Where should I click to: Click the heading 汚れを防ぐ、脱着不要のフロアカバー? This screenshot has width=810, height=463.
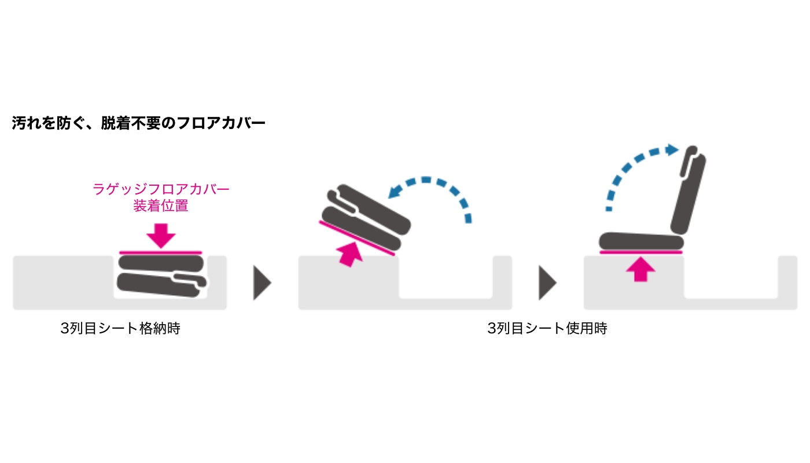pyautogui.click(x=138, y=123)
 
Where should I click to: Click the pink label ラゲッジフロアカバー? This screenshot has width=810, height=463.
pyautogui.click(x=161, y=189)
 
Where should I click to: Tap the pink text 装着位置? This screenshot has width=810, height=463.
pyautogui.click(x=161, y=206)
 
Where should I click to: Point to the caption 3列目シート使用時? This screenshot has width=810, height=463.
pyautogui.click(x=547, y=329)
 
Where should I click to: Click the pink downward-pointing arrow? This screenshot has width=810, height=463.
pyautogui.click(x=161, y=234)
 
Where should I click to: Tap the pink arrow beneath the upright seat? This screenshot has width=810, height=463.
pyautogui.click(x=640, y=269)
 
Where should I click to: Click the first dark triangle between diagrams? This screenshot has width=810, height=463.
pyautogui.click(x=262, y=283)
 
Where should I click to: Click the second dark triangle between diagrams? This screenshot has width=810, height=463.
pyautogui.click(x=547, y=283)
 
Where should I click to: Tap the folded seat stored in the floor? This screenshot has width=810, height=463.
pyautogui.click(x=161, y=275)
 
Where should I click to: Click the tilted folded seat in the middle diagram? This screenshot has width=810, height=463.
pyautogui.click(x=365, y=217)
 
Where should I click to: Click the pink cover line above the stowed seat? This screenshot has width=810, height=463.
pyautogui.click(x=161, y=252)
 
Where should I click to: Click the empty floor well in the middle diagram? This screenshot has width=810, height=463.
pyautogui.click(x=446, y=278)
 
